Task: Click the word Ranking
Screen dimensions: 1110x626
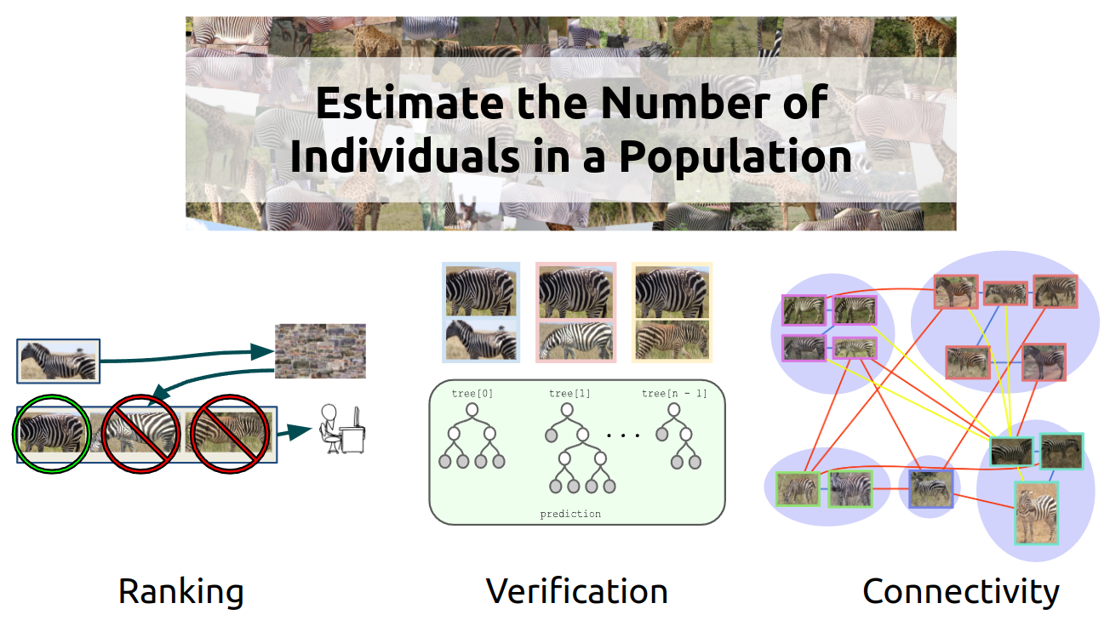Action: (180, 592)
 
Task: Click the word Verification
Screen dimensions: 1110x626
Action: (577, 591)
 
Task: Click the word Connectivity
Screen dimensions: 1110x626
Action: (961, 592)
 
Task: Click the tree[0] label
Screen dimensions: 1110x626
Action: (472, 393)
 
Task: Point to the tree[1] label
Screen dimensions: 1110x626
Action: (569, 393)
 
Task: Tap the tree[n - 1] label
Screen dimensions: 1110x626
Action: (674, 393)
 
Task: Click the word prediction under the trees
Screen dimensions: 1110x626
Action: (570, 514)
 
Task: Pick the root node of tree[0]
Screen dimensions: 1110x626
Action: (472, 410)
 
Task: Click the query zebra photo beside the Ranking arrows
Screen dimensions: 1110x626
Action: (59, 361)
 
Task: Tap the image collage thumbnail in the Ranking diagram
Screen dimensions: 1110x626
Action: (320, 351)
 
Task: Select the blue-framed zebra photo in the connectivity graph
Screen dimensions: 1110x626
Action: (931, 489)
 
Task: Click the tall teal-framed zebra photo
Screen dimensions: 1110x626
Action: (1037, 513)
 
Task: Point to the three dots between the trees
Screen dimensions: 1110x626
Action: (623, 435)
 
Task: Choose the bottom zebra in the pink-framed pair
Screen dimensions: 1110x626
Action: (575, 341)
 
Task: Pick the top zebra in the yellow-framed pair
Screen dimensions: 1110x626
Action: (672, 293)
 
